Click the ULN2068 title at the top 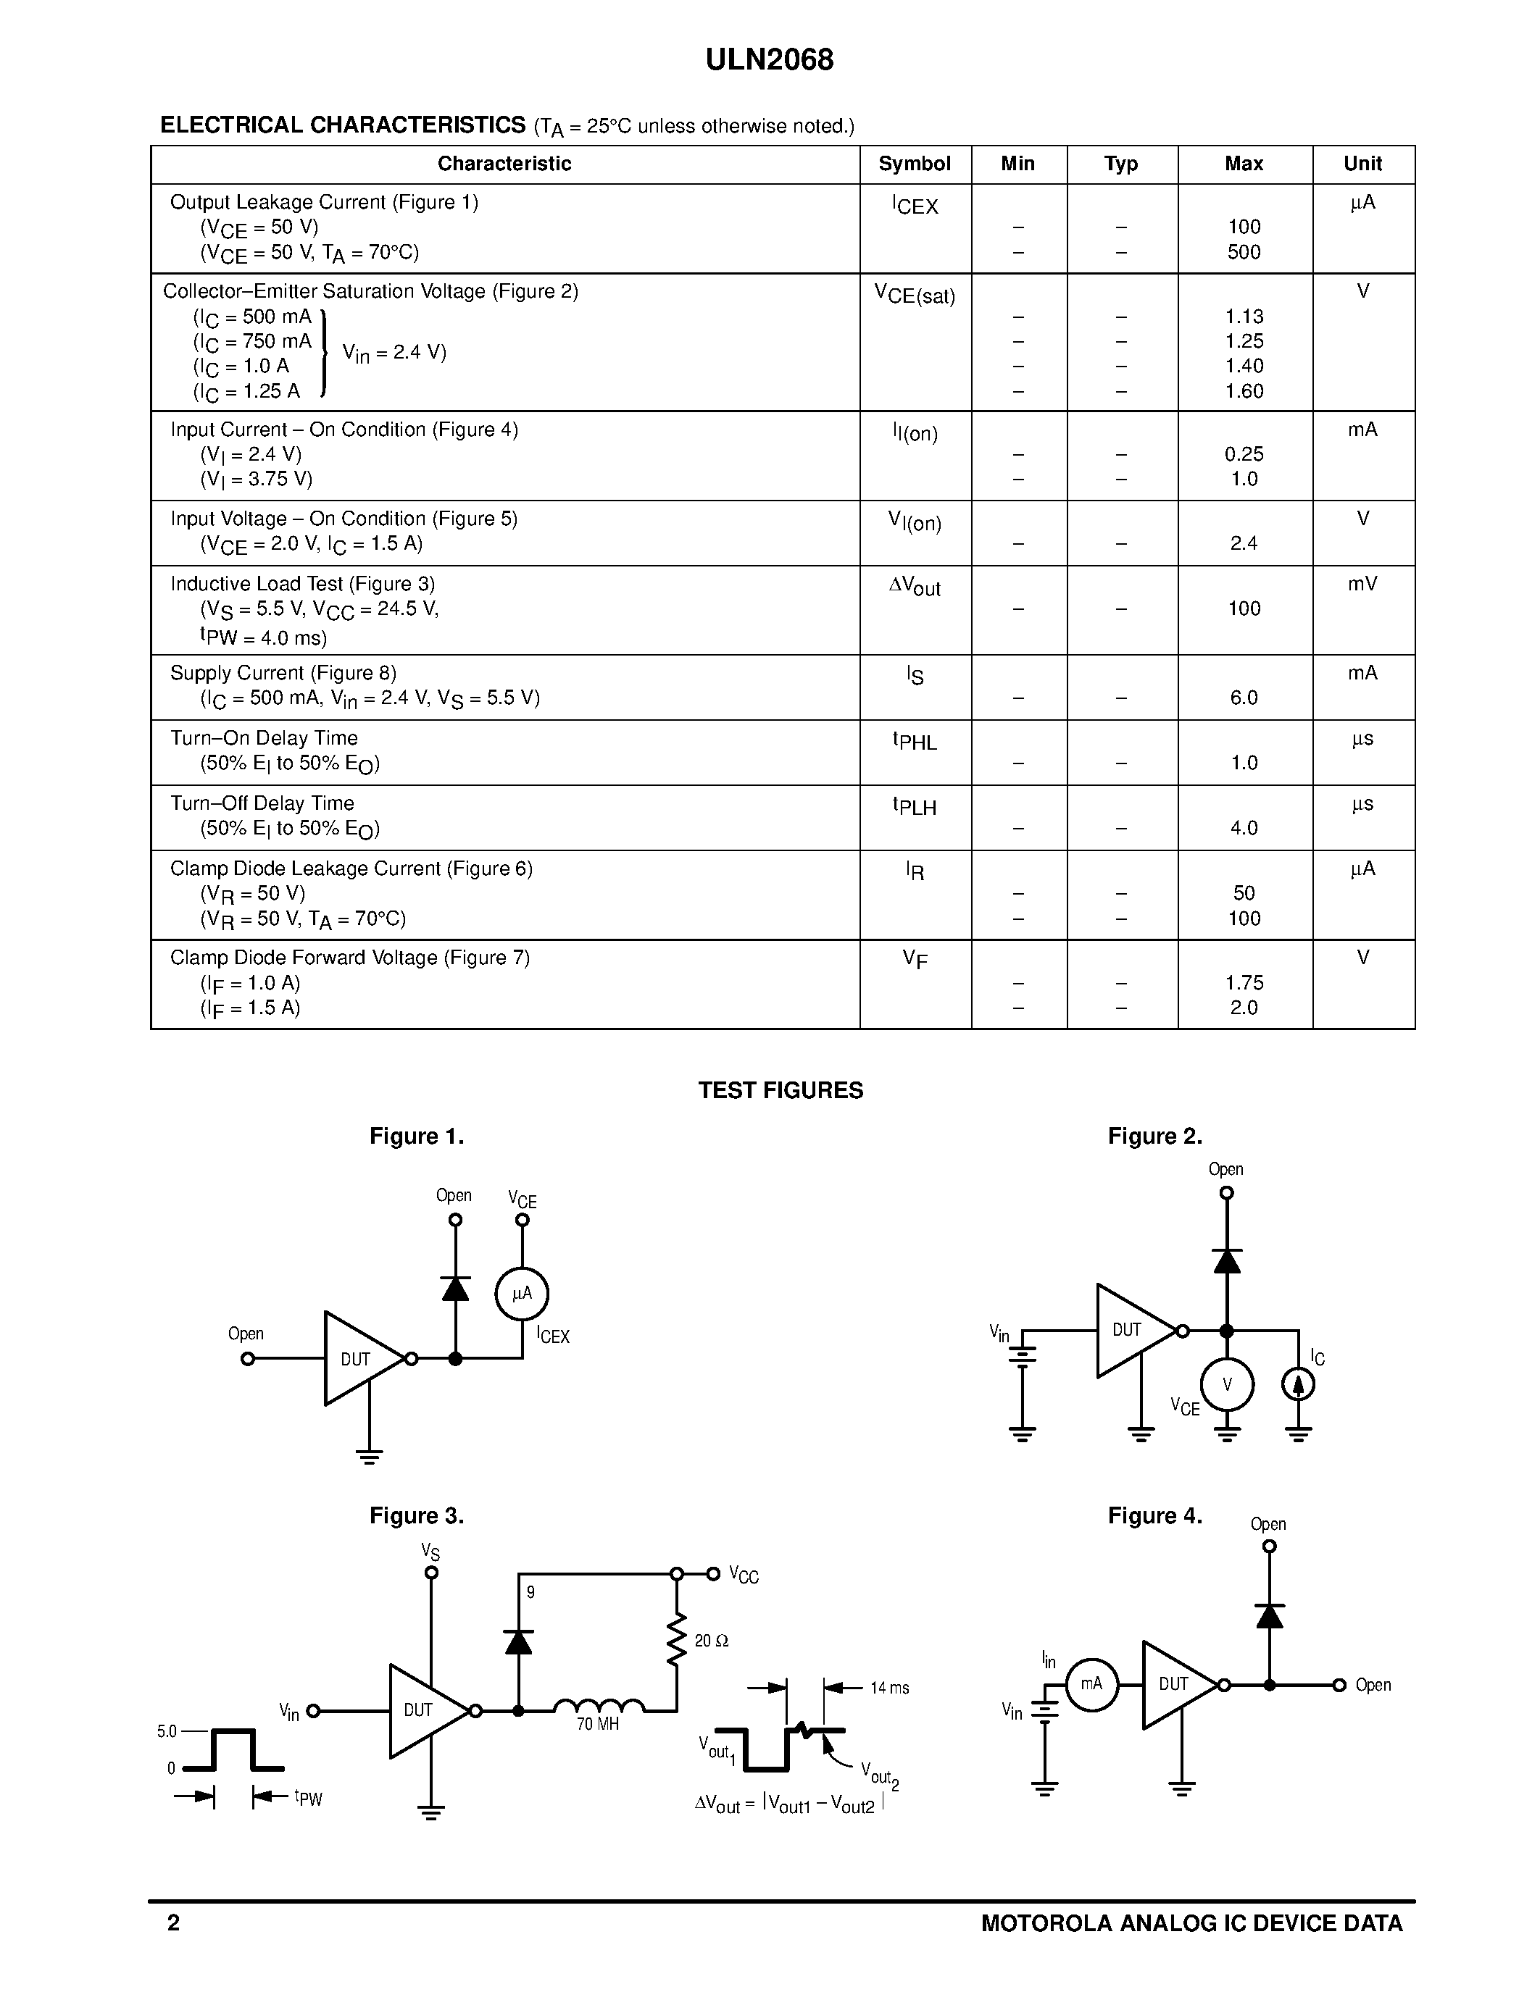[x=769, y=60]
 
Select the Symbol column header [x=914, y=164]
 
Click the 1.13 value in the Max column [x=1244, y=317]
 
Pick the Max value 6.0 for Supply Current [x=1244, y=698]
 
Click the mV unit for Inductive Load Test [x=1362, y=584]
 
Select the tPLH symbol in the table [x=914, y=806]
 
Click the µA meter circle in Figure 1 [x=522, y=1293]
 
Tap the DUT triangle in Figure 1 [x=359, y=1359]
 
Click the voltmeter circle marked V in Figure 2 [x=1227, y=1384]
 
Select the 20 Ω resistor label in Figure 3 [x=712, y=1641]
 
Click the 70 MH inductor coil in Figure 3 [x=599, y=1704]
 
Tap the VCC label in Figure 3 [x=744, y=1576]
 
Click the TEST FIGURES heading [x=780, y=1091]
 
